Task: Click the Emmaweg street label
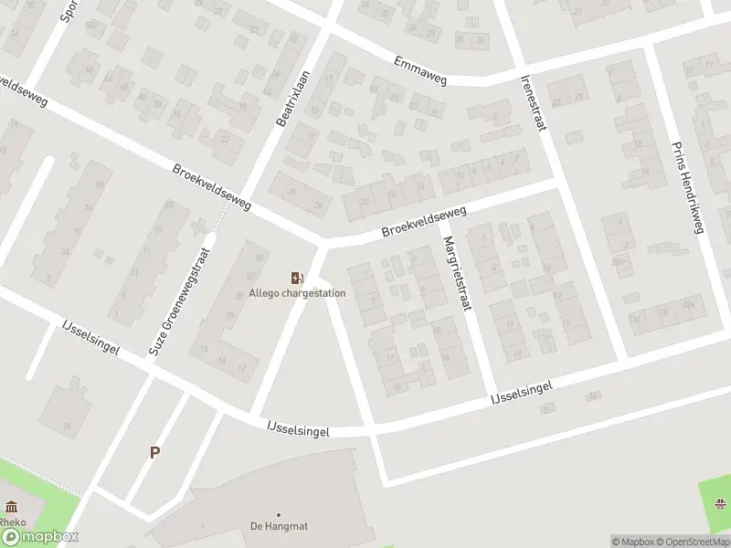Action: point(420,70)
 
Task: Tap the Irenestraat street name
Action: point(533,103)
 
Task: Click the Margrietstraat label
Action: point(454,273)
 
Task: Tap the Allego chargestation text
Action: point(298,293)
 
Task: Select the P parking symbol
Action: point(155,452)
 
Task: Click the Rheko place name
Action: point(13,522)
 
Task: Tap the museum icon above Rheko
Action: point(10,508)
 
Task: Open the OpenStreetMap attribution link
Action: point(693,542)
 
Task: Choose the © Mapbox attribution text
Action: point(632,542)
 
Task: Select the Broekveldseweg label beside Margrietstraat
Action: point(424,223)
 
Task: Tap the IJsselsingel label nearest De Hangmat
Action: point(298,429)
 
